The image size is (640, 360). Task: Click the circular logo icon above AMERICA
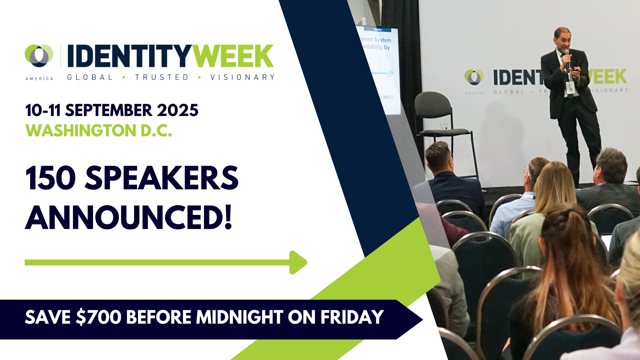tap(39, 55)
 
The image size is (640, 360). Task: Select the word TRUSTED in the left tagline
tap(162, 77)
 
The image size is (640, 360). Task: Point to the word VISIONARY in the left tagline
tap(242, 77)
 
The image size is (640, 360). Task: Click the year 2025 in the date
tap(178, 110)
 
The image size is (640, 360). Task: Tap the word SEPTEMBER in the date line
tap(109, 110)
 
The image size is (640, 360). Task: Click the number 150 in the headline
tap(50, 178)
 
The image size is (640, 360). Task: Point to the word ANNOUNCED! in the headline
tap(128, 218)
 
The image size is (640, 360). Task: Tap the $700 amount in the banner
tap(99, 317)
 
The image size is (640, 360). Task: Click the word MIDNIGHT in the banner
tap(239, 317)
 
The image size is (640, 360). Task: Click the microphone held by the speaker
tap(567, 58)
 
